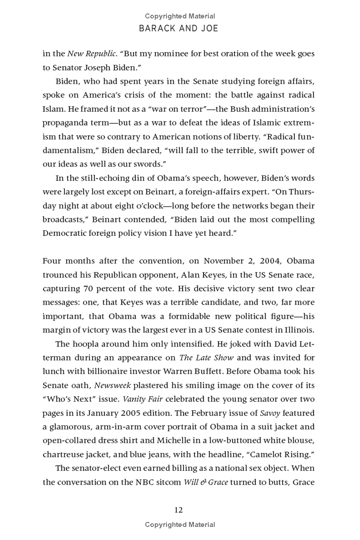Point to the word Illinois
click(299, 329)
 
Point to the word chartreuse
click(64, 440)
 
